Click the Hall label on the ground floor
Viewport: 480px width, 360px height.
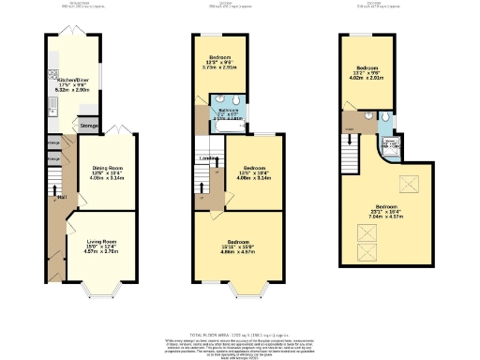click(x=61, y=198)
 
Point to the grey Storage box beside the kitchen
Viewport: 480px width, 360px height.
click(x=89, y=124)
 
